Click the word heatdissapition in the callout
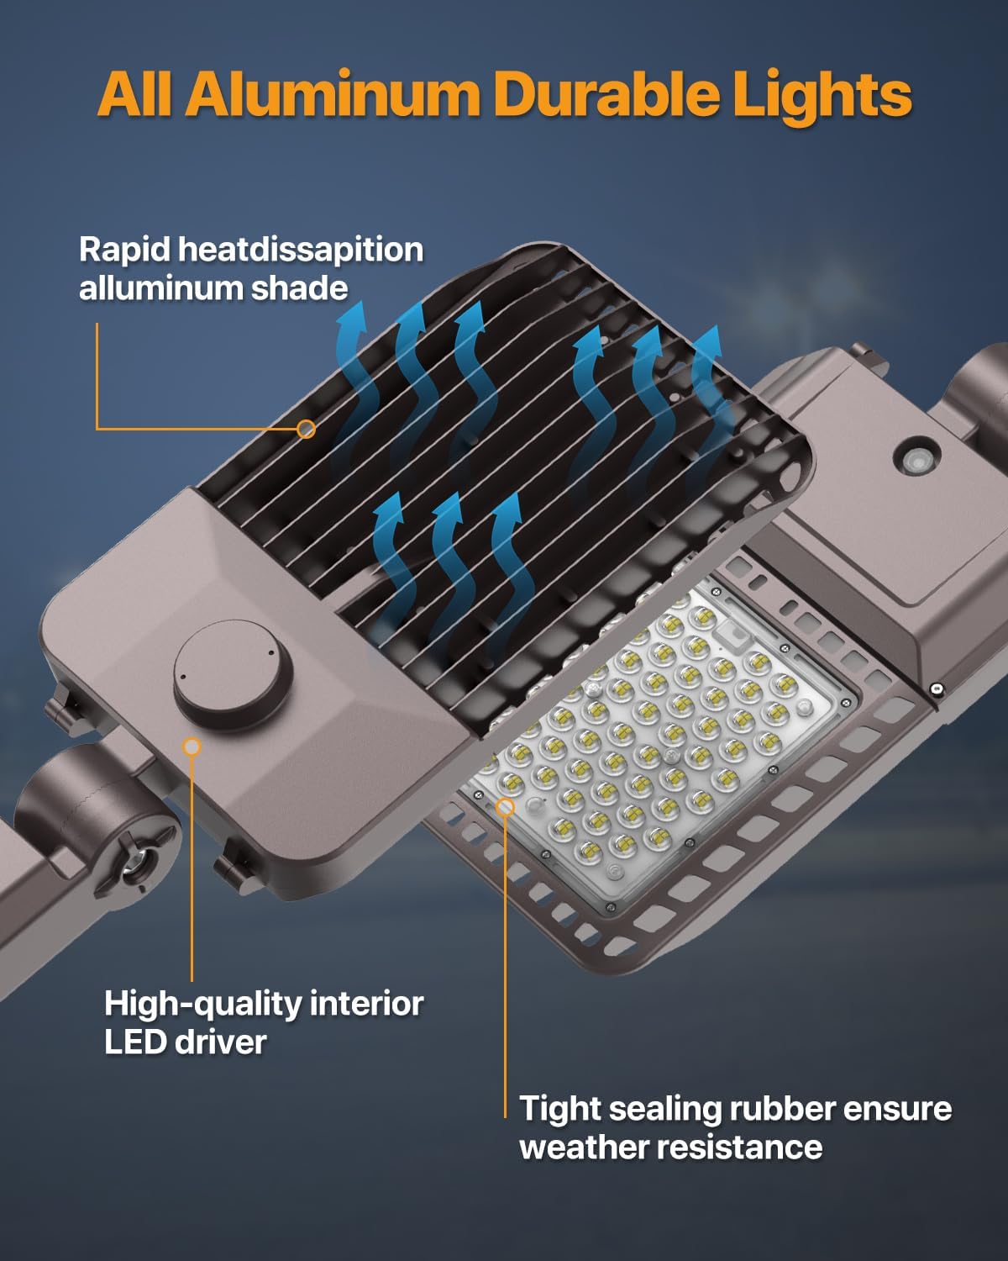pyautogui.click(x=302, y=250)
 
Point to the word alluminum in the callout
pyautogui.click(x=160, y=288)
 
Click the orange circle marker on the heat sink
pyautogui.click(x=307, y=429)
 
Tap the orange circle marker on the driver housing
pyautogui.click(x=192, y=746)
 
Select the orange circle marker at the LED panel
pyautogui.click(x=505, y=808)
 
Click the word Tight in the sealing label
pyautogui.click(x=559, y=1108)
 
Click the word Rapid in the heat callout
pyautogui.click(x=124, y=250)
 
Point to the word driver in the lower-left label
pyautogui.click(x=220, y=1042)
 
